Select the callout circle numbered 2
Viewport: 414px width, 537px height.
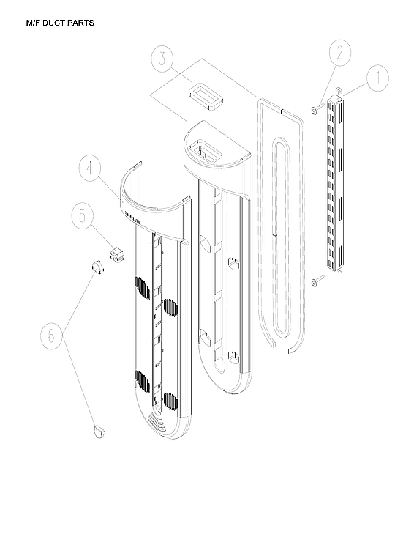338,53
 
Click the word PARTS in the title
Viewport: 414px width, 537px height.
81,23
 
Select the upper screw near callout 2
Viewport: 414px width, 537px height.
313,110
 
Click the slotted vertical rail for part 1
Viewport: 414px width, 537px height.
334,183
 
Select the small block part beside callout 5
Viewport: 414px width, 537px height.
115,254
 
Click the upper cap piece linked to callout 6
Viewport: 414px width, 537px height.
96,267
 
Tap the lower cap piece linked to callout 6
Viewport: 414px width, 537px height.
98,429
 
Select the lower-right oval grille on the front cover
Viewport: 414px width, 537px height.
170,401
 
